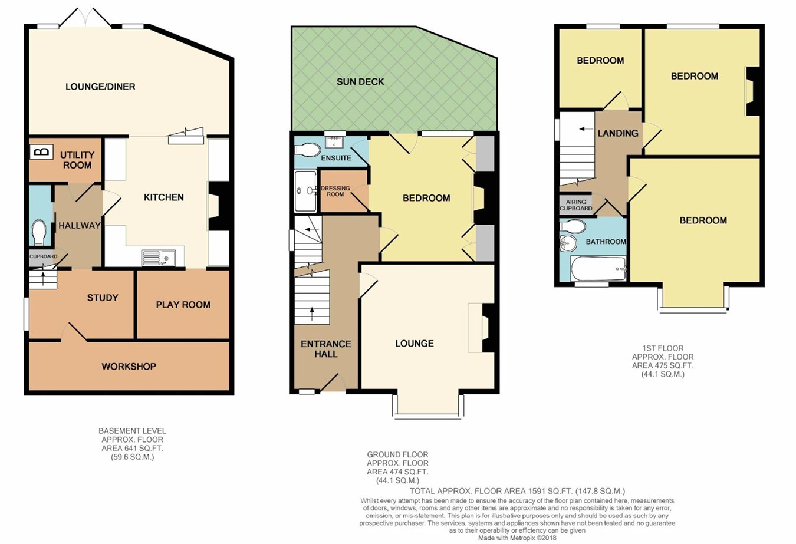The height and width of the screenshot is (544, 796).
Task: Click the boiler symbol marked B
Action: coord(42,152)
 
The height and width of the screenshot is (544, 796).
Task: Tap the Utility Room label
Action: coord(77,160)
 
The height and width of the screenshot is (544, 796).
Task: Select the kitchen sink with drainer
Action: coord(159,258)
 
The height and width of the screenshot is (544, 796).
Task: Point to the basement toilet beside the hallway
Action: coord(39,233)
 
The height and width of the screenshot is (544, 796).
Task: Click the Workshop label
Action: coord(129,367)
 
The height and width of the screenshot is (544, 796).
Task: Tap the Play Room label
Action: coord(183,305)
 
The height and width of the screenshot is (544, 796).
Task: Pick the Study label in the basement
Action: coord(103,298)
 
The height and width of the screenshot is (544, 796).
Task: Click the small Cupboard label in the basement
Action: coord(43,256)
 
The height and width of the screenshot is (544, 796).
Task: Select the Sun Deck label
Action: coord(360,82)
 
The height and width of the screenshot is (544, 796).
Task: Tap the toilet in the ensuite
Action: coord(307,150)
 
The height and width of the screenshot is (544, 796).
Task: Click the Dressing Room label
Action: coord(335,191)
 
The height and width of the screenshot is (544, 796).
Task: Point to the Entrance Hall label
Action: coord(326,349)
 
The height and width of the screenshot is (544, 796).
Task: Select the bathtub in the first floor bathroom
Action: coord(598,269)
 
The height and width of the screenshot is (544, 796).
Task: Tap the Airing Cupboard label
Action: coord(576,205)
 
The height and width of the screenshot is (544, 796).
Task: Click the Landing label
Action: coord(618,133)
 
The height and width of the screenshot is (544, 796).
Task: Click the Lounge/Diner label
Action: coord(100,87)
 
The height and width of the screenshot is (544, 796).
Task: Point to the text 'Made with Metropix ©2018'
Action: coord(517,538)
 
